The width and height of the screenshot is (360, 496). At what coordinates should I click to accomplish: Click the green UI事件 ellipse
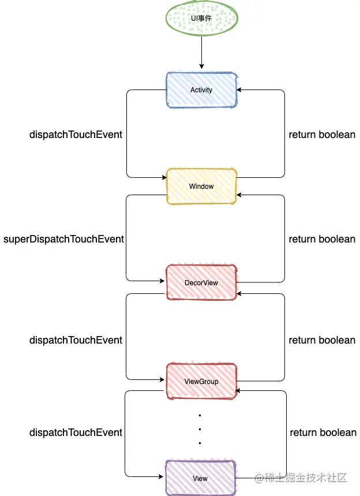pyautogui.click(x=201, y=18)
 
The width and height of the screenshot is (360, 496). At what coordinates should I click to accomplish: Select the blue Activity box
pyautogui.click(x=202, y=90)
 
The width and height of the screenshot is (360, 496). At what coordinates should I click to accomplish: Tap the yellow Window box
pyautogui.click(x=202, y=187)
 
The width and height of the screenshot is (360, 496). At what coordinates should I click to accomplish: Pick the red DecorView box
pyautogui.click(x=202, y=282)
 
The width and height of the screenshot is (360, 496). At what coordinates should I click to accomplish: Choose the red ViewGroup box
pyautogui.click(x=202, y=381)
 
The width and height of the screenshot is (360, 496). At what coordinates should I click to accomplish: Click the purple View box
pyautogui.click(x=201, y=478)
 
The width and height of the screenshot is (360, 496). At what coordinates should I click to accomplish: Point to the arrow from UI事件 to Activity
pyautogui.click(x=201, y=52)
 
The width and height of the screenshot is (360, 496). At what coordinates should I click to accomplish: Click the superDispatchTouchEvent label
pyautogui.click(x=63, y=239)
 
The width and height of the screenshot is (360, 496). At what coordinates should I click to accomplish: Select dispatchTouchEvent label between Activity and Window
pyautogui.click(x=76, y=135)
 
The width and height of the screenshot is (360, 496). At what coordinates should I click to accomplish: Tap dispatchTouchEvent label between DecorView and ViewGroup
pyautogui.click(x=76, y=340)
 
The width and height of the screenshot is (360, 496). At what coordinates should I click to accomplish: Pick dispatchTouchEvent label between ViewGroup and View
pyautogui.click(x=76, y=432)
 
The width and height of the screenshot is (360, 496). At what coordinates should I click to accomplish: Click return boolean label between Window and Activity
pyautogui.click(x=322, y=135)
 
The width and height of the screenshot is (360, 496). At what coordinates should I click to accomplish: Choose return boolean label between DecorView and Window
pyautogui.click(x=322, y=239)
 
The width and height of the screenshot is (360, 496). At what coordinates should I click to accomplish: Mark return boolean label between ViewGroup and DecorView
pyautogui.click(x=322, y=340)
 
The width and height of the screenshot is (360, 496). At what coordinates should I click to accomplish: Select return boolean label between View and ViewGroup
pyautogui.click(x=323, y=432)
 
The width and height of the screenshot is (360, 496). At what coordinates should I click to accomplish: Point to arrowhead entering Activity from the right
pyautogui.click(x=239, y=90)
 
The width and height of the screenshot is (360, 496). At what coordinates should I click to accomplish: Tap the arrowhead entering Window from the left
pyautogui.click(x=164, y=177)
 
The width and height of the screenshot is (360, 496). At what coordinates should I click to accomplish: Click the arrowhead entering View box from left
pyautogui.click(x=161, y=476)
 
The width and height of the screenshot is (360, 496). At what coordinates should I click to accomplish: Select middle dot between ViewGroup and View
pyautogui.click(x=200, y=429)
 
